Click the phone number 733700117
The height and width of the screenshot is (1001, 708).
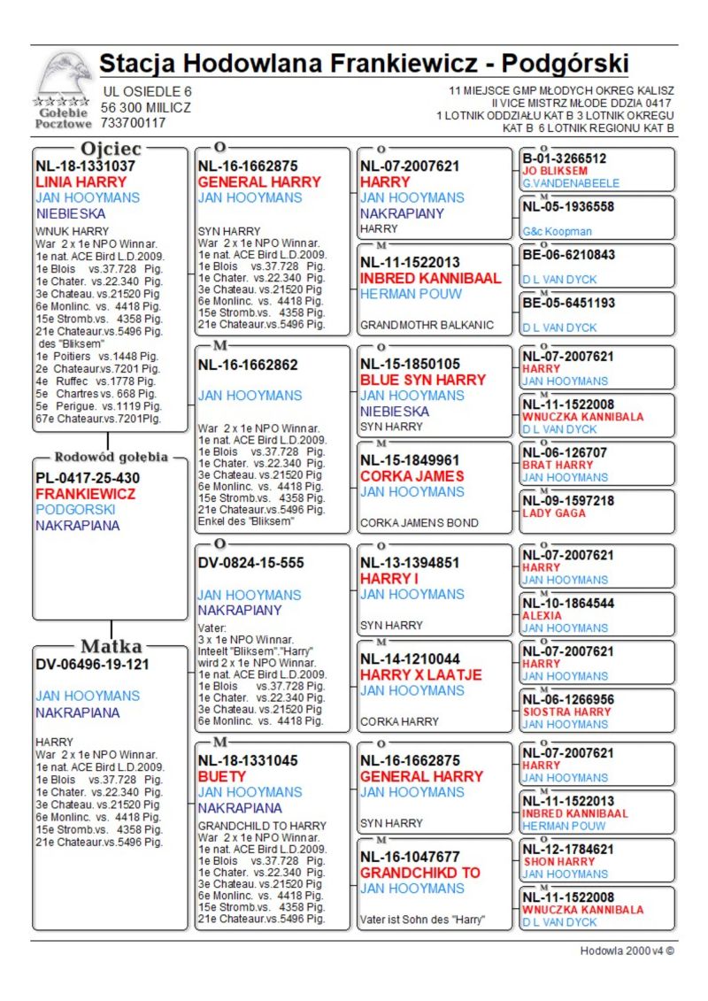134,123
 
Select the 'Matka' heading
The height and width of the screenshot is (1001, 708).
111,645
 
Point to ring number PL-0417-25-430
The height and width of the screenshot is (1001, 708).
88,478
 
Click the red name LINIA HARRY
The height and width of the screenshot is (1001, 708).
81,181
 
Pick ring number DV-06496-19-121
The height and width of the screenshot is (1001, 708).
92,664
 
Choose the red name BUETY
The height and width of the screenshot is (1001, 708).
222,776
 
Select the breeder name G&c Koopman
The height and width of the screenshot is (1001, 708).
557,232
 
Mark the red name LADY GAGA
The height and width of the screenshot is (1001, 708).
555,513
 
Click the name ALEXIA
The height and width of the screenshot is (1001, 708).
542,615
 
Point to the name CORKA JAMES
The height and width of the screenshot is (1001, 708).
412,475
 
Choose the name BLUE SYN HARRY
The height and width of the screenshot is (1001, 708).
423,380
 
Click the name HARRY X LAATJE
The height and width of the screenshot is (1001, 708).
420,674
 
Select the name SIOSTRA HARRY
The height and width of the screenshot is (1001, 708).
566,712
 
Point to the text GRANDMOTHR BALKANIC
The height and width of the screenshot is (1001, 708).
425,325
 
